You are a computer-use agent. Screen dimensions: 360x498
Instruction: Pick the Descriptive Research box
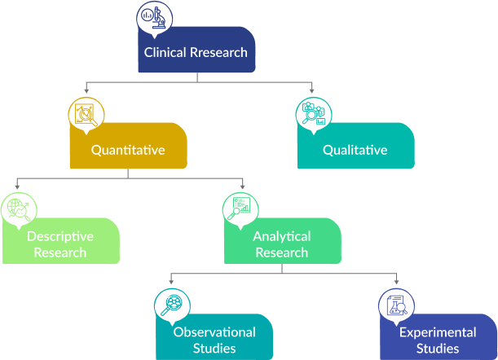point(60,243)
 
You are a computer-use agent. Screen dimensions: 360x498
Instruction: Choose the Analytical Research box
point(282,243)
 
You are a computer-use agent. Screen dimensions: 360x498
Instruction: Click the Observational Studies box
point(214,338)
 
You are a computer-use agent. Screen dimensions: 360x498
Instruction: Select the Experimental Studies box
point(438,338)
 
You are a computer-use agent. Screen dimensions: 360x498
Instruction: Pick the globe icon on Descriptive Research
point(19,209)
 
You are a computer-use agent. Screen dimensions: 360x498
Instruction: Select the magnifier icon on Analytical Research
point(241,209)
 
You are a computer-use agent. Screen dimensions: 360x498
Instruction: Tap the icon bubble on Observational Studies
point(172,305)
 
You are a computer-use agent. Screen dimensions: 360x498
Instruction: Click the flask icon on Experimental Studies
point(396,305)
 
